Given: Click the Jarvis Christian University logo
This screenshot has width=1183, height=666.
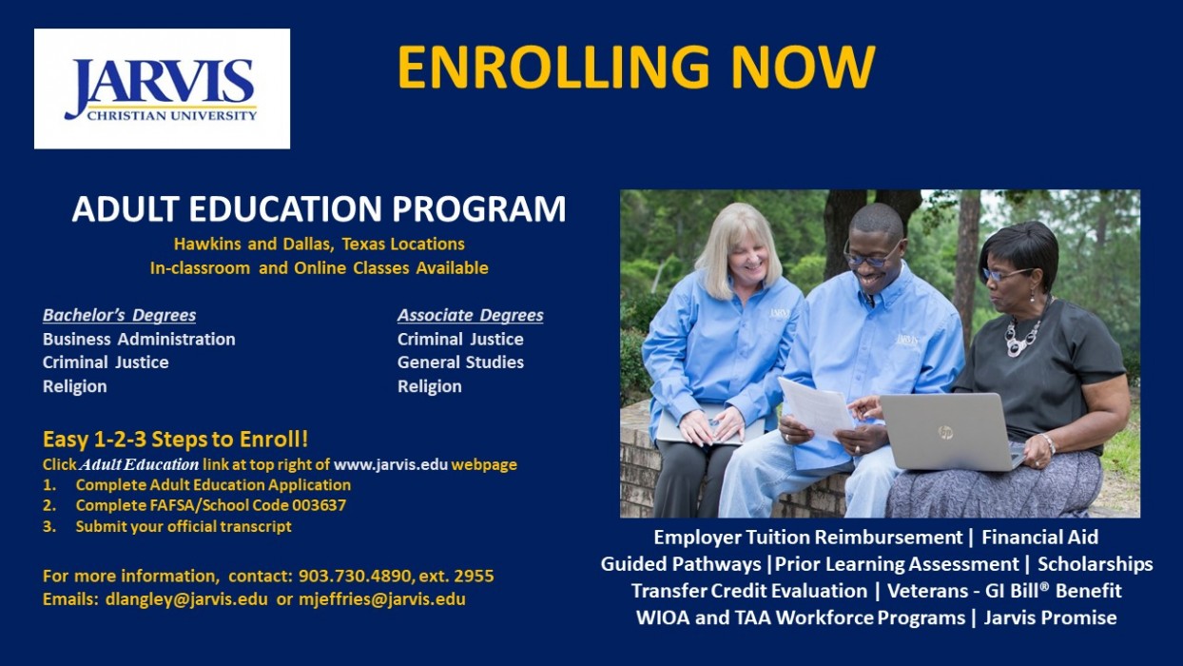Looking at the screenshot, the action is (x=162, y=88).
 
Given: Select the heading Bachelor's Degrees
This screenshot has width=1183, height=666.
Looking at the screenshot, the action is (x=120, y=315).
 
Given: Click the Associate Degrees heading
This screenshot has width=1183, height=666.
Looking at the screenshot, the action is (x=470, y=315).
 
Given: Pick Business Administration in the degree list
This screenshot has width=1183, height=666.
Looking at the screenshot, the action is (x=139, y=339).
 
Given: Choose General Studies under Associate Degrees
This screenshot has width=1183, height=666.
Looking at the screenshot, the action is (x=460, y=362).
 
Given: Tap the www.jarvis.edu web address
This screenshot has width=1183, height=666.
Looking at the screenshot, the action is (x=391, y=464).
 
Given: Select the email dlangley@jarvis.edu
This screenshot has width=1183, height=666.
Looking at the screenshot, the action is (x=186, y=599).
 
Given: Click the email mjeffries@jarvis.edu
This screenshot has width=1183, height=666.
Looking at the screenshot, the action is (x=382, y=599).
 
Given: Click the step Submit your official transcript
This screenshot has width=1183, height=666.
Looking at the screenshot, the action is (x=184, y=527).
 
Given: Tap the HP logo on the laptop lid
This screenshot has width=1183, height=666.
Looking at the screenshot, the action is (x=945, y=432).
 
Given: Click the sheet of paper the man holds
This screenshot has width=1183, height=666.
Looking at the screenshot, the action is (x=815, y=408).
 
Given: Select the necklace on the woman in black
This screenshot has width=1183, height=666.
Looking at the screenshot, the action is (x=1023, y=333).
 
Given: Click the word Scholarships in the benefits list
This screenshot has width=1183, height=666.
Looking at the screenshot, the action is (x=1096, y=564).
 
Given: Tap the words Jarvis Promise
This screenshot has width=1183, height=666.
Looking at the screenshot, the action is (x=1050, y=617).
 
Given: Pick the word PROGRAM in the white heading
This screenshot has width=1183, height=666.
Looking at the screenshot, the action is (x=478, y=208).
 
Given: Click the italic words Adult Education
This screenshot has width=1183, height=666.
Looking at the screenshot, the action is (x=140, y=464).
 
